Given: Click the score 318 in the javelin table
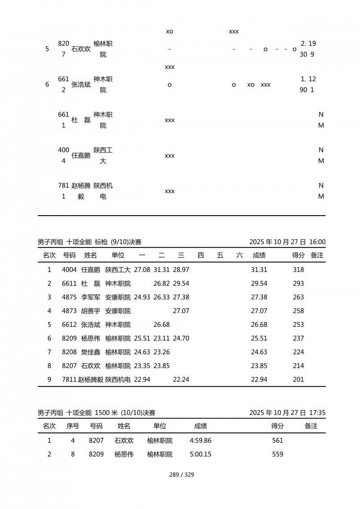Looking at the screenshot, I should pyautogui.click(x=298, y=270).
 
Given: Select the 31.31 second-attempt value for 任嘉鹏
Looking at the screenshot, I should pyautogui.click(x=162, y=270).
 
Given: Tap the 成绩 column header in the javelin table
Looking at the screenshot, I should pyautogui.click(x=259, y=255).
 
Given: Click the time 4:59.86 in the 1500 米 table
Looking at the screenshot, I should pyautogui.click(x=201, y=441).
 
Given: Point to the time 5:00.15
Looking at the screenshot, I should pyautogui.click(x=201, y=454).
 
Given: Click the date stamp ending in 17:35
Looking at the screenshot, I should pyautogui.click(x=287, y=412).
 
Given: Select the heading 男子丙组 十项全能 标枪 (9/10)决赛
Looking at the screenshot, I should pyautogui.click(x=90, y=242).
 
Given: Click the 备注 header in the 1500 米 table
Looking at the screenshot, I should pyautogui.click(x=311, y=426).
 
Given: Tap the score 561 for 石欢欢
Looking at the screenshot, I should pyautogui.click(x=278, y=441).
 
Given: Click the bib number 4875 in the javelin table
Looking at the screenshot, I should pyautogui.click(x=69, y=297).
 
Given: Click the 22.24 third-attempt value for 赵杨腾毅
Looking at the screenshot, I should pyautogui.click(x=181, y=379).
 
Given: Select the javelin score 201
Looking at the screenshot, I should pyautogui.click(x=298, y=379).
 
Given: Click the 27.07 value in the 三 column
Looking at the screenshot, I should pyautogui.click(x=181, y=311).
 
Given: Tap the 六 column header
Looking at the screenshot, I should pyautogui.click(x=239, y=255).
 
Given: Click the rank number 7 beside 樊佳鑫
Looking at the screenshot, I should pyautogui.click(x=49, y=352).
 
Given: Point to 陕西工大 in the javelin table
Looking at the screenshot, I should pyautogui.click(x=118, y=270).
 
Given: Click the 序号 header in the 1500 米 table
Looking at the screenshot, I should pyautogui.click(x=73, y=426).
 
